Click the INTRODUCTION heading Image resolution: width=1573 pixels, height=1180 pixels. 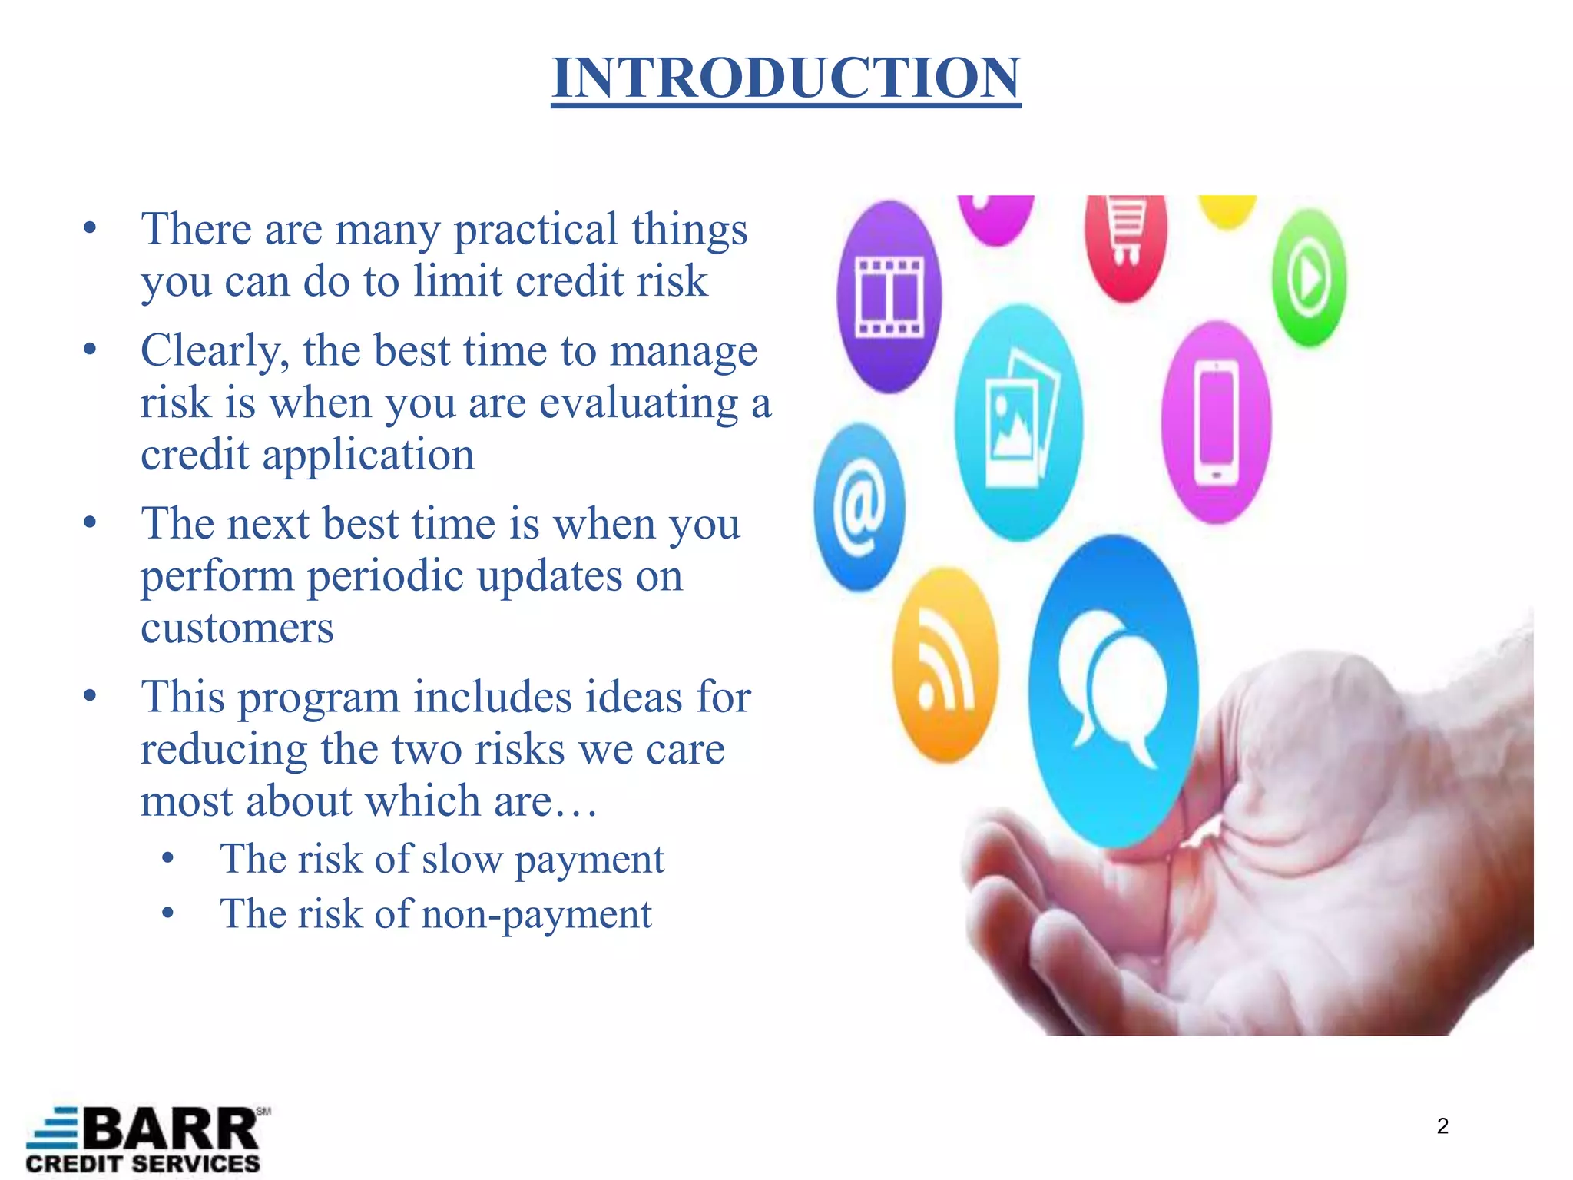click(786, 78)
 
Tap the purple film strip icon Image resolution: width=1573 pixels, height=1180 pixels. click(889, 297)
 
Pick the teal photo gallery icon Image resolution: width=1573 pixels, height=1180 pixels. click(1019, 423)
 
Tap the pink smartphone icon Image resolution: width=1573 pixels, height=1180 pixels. click(1216, 423)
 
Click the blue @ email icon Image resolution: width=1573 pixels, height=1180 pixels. click(859, 508)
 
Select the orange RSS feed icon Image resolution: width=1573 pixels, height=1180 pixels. click(945, 665)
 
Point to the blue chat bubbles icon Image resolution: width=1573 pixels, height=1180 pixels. click(1113, 688)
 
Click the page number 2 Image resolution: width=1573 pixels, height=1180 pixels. click(1442, 1126)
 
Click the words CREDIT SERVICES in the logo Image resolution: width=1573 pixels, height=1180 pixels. click(143, 1164)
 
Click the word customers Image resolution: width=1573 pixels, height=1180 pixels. click(237, 628)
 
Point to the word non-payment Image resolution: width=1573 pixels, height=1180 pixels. click(536, 914)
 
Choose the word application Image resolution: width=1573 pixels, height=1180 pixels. click(369, 455)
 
